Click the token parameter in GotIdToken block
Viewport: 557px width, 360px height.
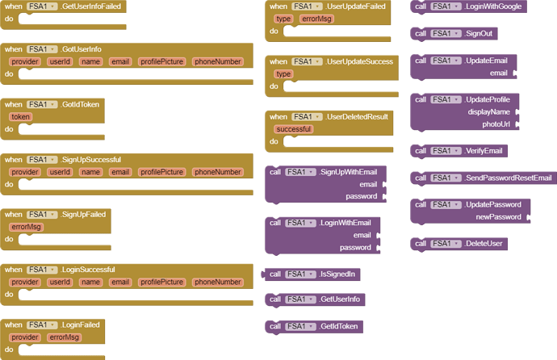pos(20,117)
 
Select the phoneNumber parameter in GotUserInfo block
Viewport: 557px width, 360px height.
pos(218,62)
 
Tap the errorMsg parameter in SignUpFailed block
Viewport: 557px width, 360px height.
pos(26,228)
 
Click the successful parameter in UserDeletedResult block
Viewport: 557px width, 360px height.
pos(293,129)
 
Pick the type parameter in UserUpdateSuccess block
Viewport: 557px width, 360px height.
pos(283,74)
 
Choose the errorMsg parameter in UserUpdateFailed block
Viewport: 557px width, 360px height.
pos(316,19)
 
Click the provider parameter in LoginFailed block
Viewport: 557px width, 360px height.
pos(25,337)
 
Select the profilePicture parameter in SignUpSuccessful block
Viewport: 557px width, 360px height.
pos(161,172)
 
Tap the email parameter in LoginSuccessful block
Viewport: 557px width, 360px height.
pos(120,283)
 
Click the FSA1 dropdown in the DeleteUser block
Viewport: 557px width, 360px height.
pos(446,244)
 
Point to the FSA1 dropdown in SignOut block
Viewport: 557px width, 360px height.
pos(446,34)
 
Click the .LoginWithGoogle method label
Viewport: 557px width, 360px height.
pos(494,6)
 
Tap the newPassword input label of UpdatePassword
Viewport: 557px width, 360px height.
pos(498,217)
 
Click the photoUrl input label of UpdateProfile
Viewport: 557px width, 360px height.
pos(496,124)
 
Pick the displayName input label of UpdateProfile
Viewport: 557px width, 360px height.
pos(488,112)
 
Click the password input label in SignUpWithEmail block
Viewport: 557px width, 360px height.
pos(361,196)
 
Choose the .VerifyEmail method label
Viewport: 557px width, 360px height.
pos(484,151)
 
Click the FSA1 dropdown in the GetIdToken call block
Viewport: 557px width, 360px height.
pos(300,327)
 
